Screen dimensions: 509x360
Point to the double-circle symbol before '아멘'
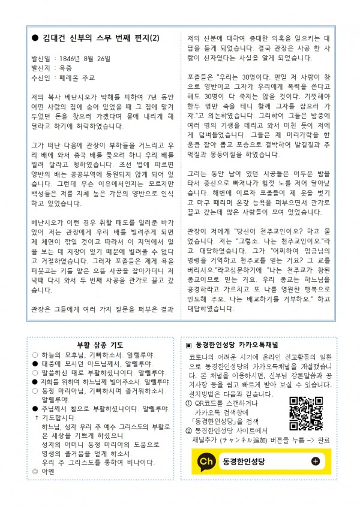[35, 471]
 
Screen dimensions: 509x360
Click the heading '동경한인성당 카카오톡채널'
[239, 345]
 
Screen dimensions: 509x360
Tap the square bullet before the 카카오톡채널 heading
[188, 346]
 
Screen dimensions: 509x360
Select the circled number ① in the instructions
[188, 403]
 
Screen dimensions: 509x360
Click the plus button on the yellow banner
[316, 461]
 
